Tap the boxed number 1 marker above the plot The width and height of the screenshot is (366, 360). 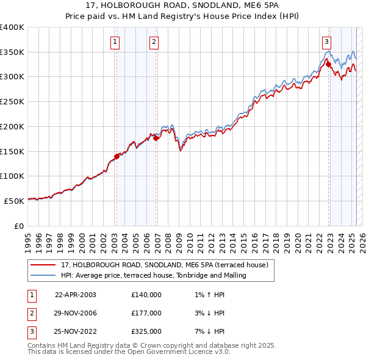(x=115, y=42)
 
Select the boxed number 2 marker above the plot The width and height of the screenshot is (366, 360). (x=154, y=42)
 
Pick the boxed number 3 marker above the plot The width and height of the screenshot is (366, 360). (x=327, y=42)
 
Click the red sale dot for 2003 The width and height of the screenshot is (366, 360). (x=117, y=156)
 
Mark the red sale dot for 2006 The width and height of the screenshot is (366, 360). (x=156, y=138)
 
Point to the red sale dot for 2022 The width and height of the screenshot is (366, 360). (x=328, y=64)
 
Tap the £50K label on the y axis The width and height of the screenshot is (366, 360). (x=15, y=200)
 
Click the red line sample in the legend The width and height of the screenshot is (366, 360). (x=43, y=265)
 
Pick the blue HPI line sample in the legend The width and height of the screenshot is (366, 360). (x=43, y=275)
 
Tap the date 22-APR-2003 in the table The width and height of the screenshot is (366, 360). (x=76, y=295)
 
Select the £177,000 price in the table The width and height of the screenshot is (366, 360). (x=146, y=313)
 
